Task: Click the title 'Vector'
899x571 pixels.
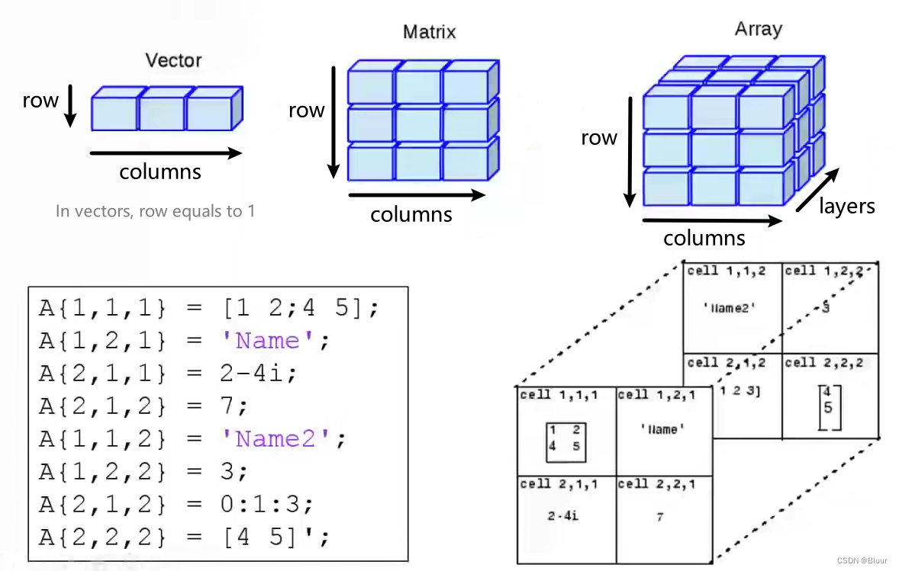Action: coord(173,60)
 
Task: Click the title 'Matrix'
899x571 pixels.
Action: coord(429,31)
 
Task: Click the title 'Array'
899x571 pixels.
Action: coord(758,29)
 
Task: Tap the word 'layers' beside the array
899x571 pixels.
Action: coord(847,206)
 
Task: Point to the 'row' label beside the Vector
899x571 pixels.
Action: coord(40,100)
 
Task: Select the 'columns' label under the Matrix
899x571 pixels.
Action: coord(411,214)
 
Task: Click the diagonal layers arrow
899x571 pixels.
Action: coord(817,190)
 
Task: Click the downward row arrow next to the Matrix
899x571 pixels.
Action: coord(333,123)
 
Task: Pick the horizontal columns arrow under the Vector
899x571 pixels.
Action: coord(166,153)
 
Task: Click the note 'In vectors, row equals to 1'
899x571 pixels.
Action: coord(156,211)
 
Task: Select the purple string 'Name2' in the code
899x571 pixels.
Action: coord(275,439)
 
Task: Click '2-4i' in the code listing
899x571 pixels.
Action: coord(252,374)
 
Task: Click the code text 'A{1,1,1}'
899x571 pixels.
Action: coord(102,309)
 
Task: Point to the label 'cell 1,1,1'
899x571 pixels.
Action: coord(559,395)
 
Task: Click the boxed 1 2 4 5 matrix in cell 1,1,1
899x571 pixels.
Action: coord(566,442)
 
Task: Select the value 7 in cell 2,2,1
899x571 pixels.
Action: coord(660,517)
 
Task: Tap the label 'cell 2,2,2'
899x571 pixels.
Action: coord(824,363)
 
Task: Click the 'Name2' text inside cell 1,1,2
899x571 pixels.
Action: coord(729,308)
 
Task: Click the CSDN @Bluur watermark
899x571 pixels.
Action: coord(862,560)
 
